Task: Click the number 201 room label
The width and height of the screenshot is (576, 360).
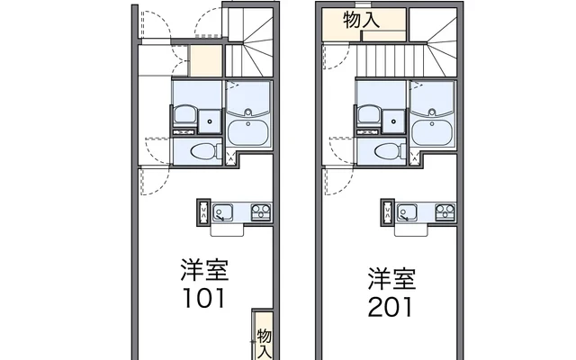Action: pos(391,306)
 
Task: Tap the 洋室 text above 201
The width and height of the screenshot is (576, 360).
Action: pos(391,277)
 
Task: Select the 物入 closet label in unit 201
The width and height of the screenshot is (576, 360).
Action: pos(362,20)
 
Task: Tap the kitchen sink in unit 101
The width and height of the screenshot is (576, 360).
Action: pos(221,213)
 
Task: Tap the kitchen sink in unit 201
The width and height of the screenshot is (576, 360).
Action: pos(407,213)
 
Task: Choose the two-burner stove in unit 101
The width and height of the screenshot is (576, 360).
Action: pos(260,212)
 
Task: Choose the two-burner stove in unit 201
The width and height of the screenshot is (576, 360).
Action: pos(445,212)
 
